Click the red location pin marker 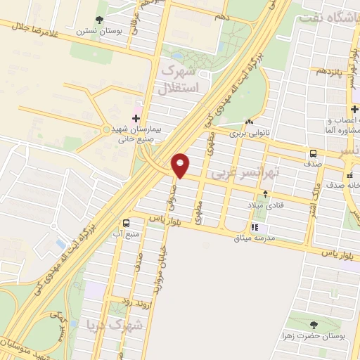[x=181, y=165]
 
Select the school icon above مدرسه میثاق [x=255, y=227]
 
